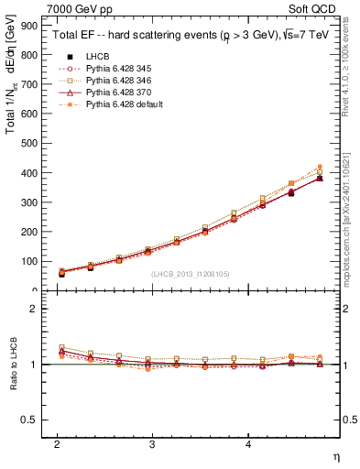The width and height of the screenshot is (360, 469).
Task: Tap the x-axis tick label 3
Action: click(152, 442)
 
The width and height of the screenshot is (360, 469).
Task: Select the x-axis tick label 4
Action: click(248, 442)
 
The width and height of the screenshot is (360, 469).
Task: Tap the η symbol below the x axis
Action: click(335, 455)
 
